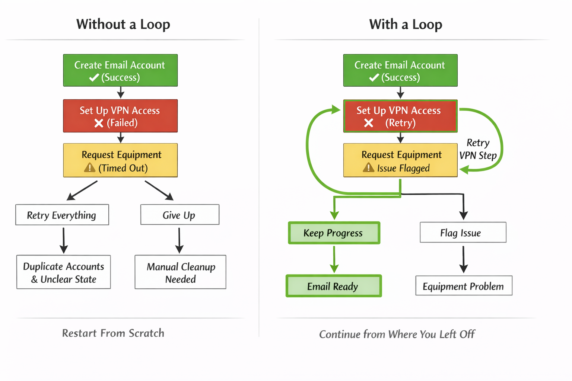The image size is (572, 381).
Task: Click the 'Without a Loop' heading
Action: pos(123,25)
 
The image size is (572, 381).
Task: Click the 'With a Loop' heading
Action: pos(405,25)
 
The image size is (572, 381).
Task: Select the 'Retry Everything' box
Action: pos(62,215)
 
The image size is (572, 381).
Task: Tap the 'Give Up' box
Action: pos(179,215)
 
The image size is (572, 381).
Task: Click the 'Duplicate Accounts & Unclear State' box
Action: pos(64,272)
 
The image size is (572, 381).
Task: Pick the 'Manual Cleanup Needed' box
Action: pos(181,272)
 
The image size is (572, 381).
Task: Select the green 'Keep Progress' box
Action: pos(334,233)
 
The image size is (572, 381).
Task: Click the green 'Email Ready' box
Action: pos(334,286)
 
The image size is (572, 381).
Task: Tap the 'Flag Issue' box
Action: pos(463,233)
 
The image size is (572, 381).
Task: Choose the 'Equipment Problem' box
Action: pos(464,286)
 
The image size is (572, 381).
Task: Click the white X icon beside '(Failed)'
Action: pos(99,123)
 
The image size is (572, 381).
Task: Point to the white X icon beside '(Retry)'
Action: pos(368,123)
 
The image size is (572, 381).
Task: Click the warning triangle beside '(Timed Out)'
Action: pos(90,168)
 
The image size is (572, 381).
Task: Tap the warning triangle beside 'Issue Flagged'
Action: pos(368,168)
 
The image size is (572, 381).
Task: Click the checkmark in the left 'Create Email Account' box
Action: pos(94,77)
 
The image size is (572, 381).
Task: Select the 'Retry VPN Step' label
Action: pos(478,149)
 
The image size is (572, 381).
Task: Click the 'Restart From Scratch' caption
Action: pos(113,333)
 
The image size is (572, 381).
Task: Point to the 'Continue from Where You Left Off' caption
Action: pos(397,334)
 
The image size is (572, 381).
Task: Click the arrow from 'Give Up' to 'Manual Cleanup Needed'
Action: pos(179,240)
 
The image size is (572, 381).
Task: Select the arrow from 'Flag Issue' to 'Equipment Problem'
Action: pos(463,259)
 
